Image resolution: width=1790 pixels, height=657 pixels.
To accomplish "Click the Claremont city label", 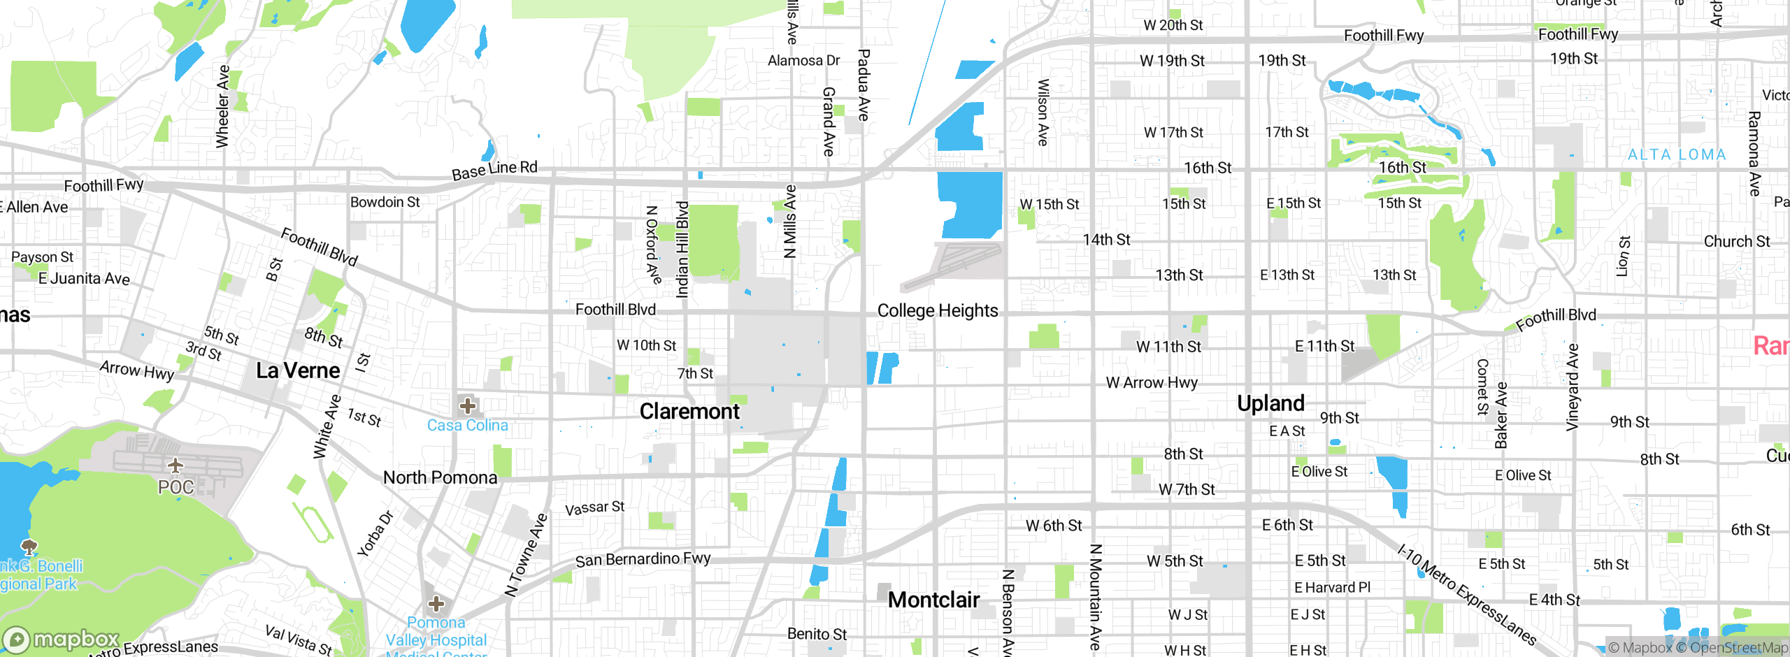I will point(689,412).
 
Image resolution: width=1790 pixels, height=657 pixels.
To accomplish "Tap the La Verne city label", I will point(298,370).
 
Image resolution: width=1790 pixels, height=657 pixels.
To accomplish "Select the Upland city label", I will point(1270,403).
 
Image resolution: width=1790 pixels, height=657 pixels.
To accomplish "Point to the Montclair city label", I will point(933,600).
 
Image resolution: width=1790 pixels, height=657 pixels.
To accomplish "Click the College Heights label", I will point(937,310).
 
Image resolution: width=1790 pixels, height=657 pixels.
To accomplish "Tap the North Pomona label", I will point(440,477).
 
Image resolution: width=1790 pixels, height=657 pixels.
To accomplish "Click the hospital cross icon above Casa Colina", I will point(468,405).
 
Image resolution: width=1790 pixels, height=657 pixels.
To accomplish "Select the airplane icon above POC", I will point(176,465).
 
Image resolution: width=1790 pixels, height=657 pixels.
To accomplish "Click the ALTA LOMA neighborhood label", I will point(1677,154).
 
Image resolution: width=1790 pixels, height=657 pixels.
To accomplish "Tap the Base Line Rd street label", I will point(494,170).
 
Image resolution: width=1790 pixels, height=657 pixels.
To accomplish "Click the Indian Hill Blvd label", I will point(682,250).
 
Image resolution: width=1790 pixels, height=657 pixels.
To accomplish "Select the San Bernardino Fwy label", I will point(643,560).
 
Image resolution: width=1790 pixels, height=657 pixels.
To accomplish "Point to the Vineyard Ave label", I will point(1573,387).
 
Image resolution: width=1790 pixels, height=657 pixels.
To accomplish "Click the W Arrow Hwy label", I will point(1152,382).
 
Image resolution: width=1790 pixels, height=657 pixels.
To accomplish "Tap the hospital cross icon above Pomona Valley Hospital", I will point(436,603).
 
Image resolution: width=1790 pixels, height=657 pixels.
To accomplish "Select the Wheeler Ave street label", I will point(222,106).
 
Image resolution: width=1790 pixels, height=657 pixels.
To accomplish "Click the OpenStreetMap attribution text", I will point(1738,648).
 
